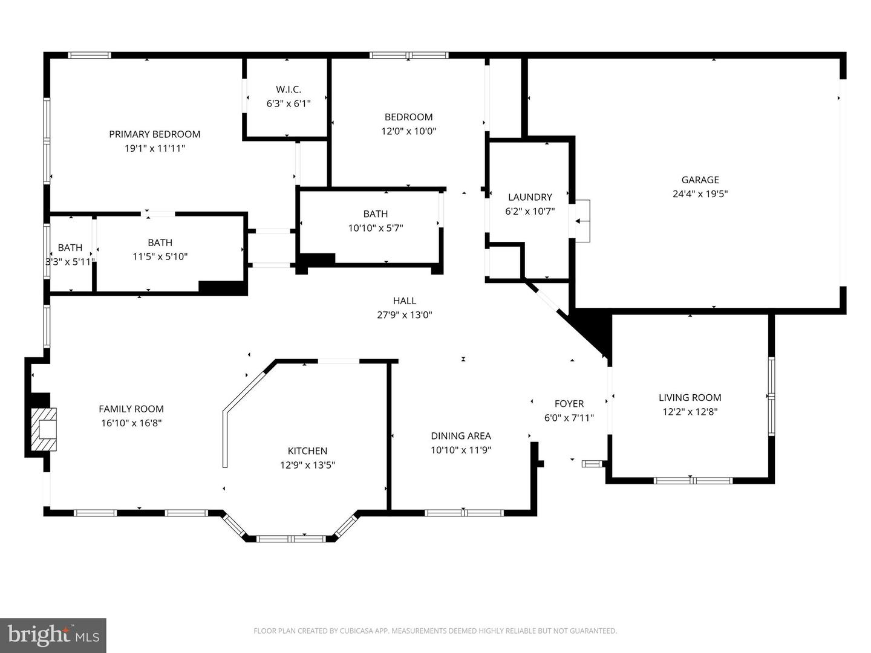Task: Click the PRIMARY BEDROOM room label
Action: click(x=154, y=134)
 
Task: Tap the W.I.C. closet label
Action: click(x=289, y=89)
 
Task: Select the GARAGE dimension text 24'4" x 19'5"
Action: click(x=700, y=194)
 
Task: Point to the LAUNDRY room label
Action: click(x=530, y=197)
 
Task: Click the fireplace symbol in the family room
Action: click(x=44, y=429)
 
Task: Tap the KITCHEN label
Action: click(x=307, y=451)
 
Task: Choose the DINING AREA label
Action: click(x=461, y=436)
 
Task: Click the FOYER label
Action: click(x=569, y=404)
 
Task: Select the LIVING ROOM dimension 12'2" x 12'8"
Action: click(x=690, y=412)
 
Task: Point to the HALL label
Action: click(x=405, y=301)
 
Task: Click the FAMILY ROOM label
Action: click(x=131, y=409)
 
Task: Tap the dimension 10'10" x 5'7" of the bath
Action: click(x=376, y=228)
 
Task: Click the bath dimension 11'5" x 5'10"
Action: click(x=160, y=256)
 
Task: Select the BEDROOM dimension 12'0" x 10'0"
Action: click(x=408, y=131)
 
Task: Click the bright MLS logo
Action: click(x=53, y=635)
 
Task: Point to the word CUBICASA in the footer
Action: click(x=356, y=631)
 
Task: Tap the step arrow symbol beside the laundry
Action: click(x=582, y=221)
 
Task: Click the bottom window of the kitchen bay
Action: click(x=291, y=538)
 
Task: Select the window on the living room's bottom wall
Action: click(x=693, y=481)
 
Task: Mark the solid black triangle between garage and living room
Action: click(x=595, y=328)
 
